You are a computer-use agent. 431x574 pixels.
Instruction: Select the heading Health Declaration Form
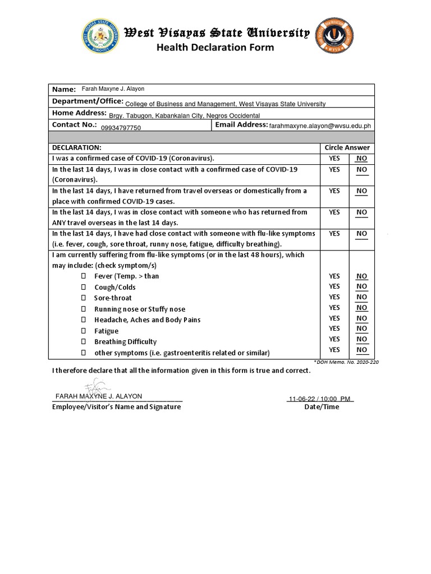pos(215,48)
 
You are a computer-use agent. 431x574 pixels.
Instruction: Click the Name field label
pos(64,90)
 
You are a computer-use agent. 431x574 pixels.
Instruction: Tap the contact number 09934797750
pos(121,128)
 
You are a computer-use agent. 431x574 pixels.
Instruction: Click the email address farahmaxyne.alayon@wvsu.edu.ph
pos(320,127)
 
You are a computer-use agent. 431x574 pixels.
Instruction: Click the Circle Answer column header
pos(347,147)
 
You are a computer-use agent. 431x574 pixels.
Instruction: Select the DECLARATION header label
pos(76,147)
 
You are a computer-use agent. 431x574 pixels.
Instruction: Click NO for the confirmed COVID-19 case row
pos(361,159)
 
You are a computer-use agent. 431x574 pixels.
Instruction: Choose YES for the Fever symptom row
pos(334,276)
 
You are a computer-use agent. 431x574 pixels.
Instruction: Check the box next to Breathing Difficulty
pos(84,342)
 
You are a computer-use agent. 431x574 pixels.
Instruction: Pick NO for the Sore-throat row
pos(361,297)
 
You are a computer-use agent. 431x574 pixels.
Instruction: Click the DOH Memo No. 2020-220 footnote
pos(346,362)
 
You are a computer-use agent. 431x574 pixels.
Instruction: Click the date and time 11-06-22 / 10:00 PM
pos(319,399)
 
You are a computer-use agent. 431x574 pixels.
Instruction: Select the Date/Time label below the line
pos(322,407)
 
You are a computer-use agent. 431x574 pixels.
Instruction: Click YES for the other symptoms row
pos(334,350)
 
